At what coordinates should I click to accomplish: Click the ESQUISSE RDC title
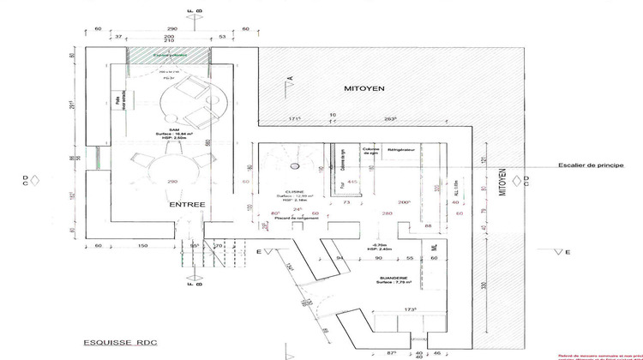coord(112,340)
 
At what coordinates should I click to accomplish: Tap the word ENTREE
coord(186,205)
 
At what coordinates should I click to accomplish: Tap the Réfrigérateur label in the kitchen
coord(401,149)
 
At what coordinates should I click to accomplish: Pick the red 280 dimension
coord(387,213)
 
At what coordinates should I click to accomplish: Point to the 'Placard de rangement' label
coord(294,219)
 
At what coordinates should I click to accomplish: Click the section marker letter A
coord(290,78)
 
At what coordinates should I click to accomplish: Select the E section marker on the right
coord(568,251)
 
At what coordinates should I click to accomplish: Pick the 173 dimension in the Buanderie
coord(398,309)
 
